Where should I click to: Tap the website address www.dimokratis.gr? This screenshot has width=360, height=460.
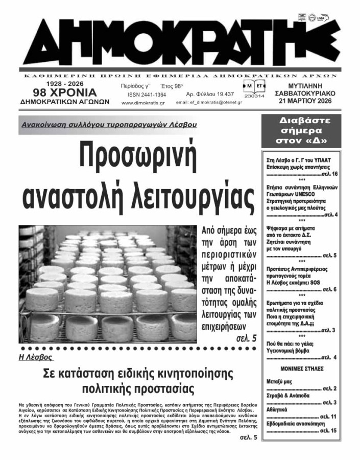(143, 103)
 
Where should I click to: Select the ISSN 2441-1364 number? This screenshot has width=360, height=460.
(140, 95)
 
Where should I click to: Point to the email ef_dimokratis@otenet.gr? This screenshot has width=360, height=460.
(209, 103)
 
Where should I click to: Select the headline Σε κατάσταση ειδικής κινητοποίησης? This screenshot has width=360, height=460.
(138, 374)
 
